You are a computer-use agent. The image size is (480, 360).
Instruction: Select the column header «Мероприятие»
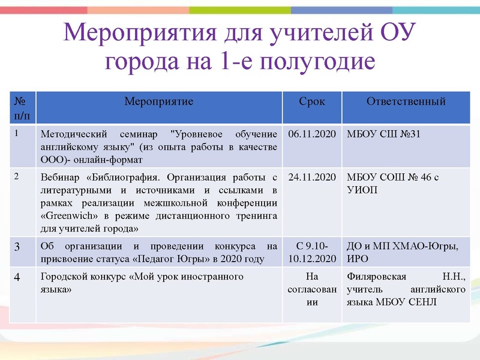click(x=158, y=101)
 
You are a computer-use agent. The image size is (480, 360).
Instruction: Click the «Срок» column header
click(x=312, y=101)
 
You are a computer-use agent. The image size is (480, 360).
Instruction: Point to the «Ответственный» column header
click(x=406, y=101)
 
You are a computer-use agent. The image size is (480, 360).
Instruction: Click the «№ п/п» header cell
click(x=23, y=107)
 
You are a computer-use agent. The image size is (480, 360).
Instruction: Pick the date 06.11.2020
click(x=312, y=133)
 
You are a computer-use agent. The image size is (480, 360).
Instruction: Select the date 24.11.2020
click(x=312, y=178)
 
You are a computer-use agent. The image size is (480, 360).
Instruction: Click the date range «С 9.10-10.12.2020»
click(x=312, y=253)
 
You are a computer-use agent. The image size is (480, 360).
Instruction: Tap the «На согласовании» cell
click(x=312, y=290)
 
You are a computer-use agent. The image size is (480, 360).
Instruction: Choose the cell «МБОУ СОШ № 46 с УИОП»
click(x=394, y=183)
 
